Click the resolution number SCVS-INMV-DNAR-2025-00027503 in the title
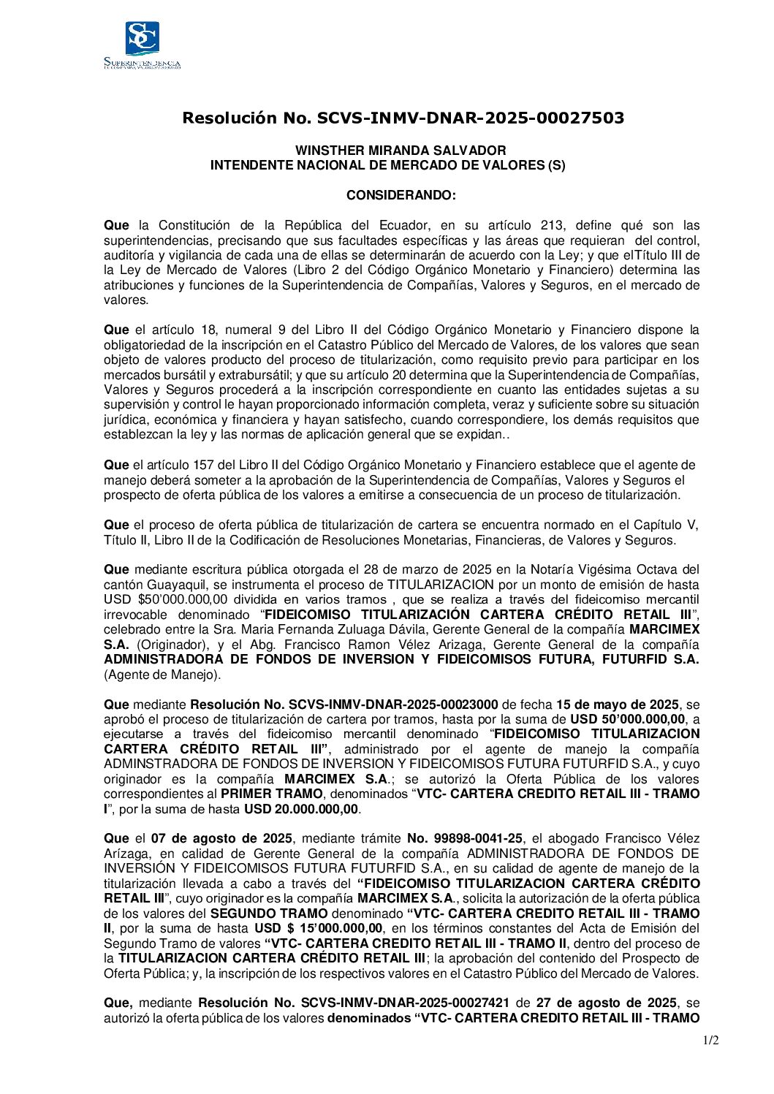point(470,118)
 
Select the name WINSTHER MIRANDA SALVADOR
point(400,151)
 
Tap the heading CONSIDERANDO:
point(401,196)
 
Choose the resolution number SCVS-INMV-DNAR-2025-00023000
point(394,705)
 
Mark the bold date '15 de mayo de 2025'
point(617,705)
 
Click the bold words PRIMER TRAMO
point(272,794)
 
